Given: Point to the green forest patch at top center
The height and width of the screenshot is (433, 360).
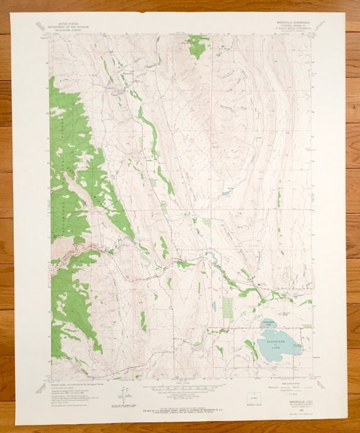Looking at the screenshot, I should point(198,45).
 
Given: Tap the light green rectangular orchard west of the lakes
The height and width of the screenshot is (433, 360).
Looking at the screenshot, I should point(227,307).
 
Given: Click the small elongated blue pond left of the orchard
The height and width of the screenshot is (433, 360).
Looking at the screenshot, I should point(214,306).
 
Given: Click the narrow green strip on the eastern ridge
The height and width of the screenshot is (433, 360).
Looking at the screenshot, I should point(279,199).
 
